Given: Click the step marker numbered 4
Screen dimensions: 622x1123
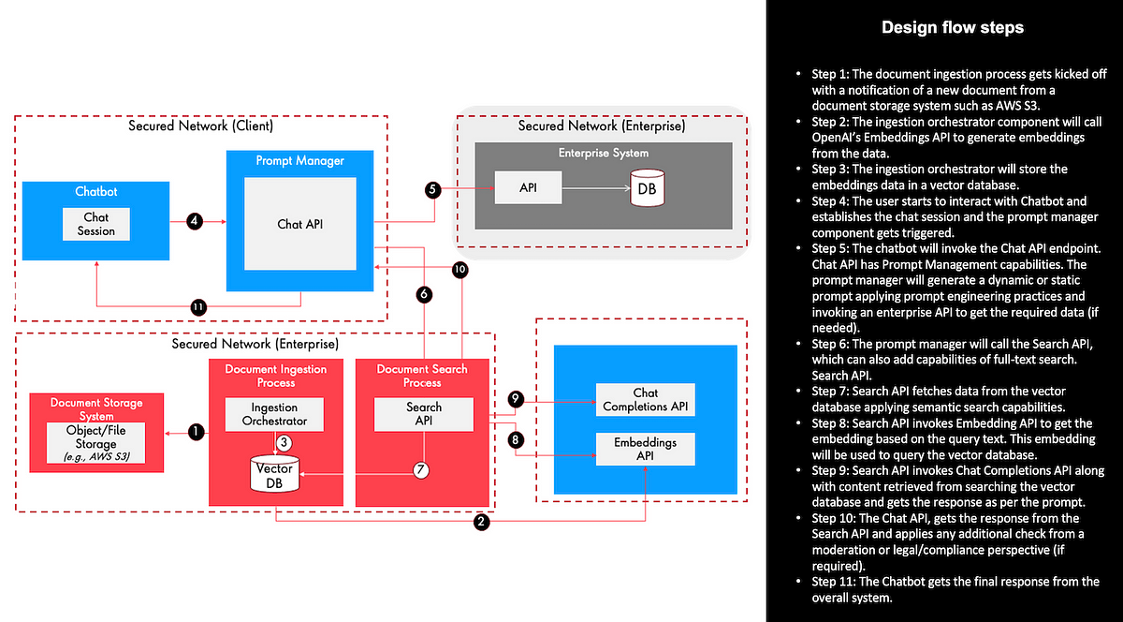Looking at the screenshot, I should pos(195,222).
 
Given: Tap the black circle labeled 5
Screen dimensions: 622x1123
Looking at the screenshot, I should pos(431,189).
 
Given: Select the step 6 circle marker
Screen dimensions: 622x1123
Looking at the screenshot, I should pos(424,294).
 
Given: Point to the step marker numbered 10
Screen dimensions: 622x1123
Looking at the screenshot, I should pos(459,269).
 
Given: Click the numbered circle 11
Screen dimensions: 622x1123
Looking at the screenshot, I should pos(198,306).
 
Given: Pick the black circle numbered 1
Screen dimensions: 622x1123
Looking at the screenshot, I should pos(195,432).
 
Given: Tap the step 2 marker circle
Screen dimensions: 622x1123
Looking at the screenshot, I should pos(481,523).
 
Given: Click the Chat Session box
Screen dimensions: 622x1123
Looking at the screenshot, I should pos(96,225).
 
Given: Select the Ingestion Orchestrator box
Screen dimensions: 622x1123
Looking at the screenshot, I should pos(273,414).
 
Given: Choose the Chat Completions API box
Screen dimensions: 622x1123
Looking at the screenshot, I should pos(645,400).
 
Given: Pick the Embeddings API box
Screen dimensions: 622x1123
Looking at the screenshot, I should pos(645,448).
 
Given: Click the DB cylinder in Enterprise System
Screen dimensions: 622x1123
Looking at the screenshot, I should pos(646,188).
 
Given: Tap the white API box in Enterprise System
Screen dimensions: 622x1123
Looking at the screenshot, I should pos(529,188).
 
